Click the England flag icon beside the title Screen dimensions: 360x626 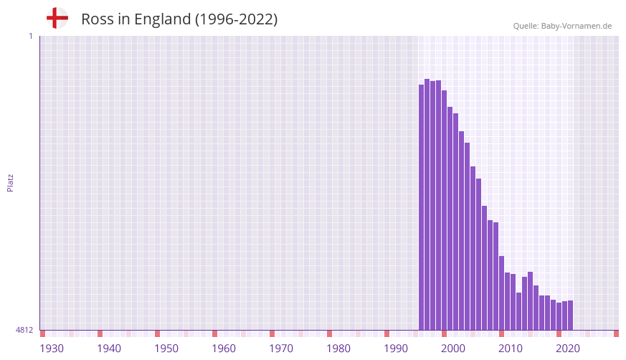pyautogui.click(x=57, y=18)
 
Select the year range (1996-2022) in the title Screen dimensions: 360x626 pyautogui.click(x=236, y=19)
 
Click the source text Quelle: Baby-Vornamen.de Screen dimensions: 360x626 pyautogui.click(x=562, y=26)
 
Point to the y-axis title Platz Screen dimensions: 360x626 pyautogui.click(x=10, y=182)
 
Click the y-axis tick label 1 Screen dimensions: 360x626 pyautogui.click(x=30, y=36)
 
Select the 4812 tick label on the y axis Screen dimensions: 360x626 pyautogui.click(x=24, y=330)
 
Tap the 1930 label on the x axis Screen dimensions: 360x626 pyautogui.click(x=52, y=349)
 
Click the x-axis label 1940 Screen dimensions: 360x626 pyautogui.click(x=109, y=349)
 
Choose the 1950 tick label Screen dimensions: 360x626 pyautogui.click(x=166, y=349)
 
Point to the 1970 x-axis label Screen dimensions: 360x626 pyautogui.click(x=281, y=349)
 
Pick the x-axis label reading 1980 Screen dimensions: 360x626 pyautogui.click(x=338, y=349)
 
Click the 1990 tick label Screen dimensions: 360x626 pyautogui.click(x=396, y=349)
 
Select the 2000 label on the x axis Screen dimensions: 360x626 pyautogui.click(x=453, y=349)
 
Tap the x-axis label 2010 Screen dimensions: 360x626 pyautogui.click(x=511, y=349)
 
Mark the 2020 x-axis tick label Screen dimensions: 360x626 pyautogui.click(x=568, y=349)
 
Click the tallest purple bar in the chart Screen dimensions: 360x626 pyautogui.click(x=427, y=204)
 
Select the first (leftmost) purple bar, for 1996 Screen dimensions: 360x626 pyautogui.click(x=422, y=207)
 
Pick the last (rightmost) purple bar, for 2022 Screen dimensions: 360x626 pyautogui.click(x=570, y=316)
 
